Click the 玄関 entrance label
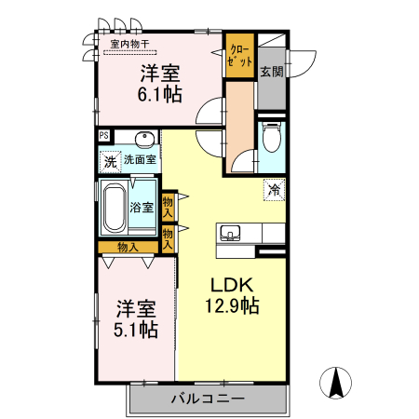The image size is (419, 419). click(270, 72)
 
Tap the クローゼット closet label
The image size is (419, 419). click(238, 53)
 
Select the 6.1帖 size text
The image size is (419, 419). click(161, 93)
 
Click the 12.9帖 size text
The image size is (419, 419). click(232, 304)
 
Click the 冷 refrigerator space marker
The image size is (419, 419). click(274, 190)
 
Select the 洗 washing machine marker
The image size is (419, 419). click(110, 162)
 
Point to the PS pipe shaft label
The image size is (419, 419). click(104, 135)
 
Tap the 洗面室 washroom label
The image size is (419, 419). click(141, 160)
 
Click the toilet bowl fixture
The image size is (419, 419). click(271, 140)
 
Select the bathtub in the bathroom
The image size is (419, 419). click(115, 208)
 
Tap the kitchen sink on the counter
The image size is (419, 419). click(232, 232)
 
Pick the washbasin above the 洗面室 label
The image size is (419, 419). click(144, 140)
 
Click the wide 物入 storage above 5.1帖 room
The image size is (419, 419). click(128, 247)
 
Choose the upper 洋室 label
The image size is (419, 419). click(160, 72)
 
